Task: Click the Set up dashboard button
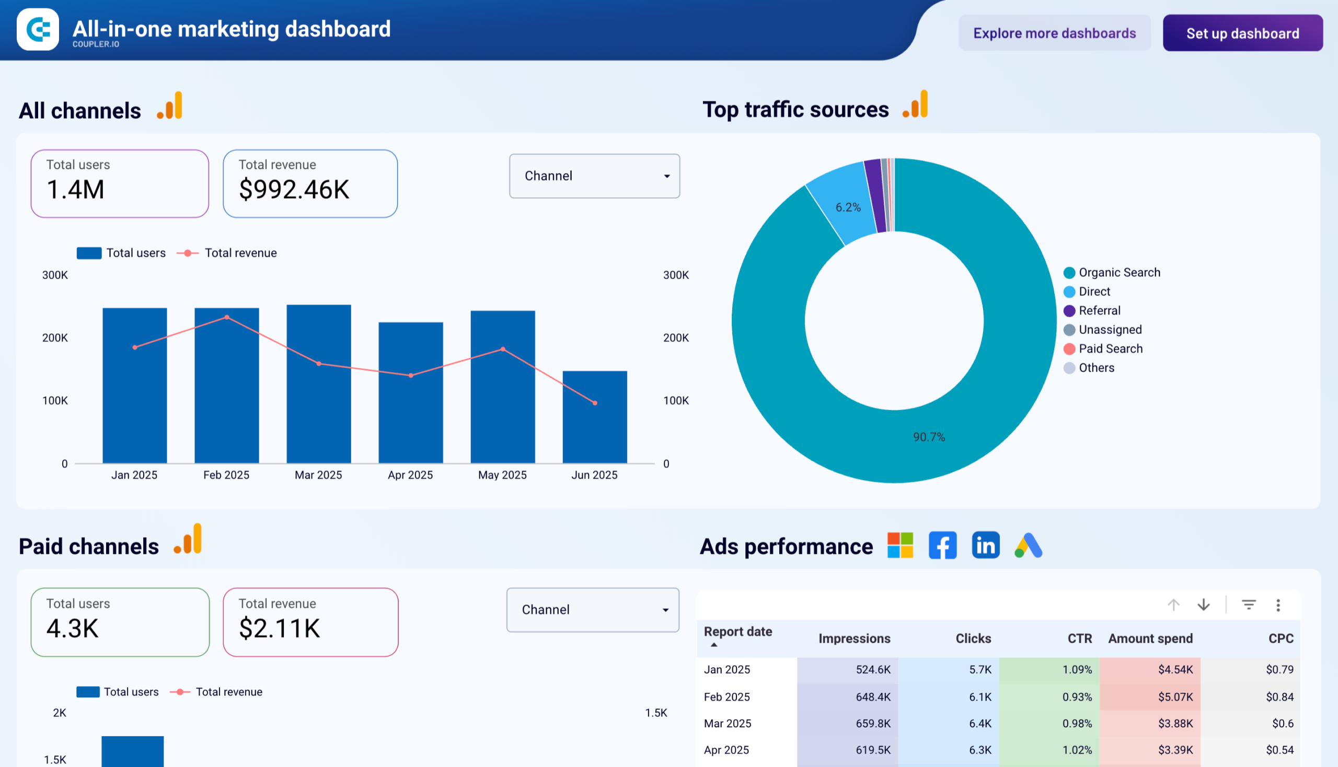click(x=1242, y=33)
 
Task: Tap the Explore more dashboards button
click(x=1054, y=33)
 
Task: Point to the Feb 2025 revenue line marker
click(x=227, y=317)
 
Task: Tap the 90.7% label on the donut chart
click(x=929, y=437)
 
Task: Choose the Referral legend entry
click(x=1099, y=310)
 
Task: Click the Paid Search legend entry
click(x=1110, y=348)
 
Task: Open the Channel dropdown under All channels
click(x=594, y=176)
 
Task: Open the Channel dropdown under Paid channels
click(x=592, y=610)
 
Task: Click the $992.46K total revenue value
click(x=294, y=190)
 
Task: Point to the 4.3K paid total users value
click(x=73, y=628)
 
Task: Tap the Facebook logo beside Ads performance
click(x=942, y=545)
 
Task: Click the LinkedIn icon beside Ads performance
click(x=985, y=545)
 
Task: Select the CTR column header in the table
click(x=1079, y=638)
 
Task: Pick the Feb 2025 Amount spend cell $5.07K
click(x=1174, y=696)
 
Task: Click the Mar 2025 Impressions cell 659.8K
click(x=873, y=723)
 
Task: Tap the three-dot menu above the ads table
click(x=1277, y=605)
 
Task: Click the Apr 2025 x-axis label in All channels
click(x=410, y=474)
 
